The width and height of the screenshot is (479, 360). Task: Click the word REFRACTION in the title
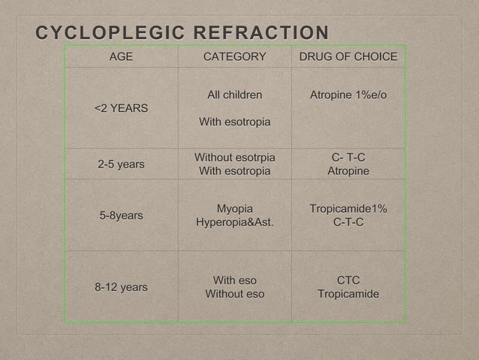pos(261,34)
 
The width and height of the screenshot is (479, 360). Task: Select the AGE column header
pos(121,57)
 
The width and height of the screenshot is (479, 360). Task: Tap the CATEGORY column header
pos(234,57)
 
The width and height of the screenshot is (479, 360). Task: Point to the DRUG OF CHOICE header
pos(348,57)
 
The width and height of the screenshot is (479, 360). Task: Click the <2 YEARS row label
pos(121,108)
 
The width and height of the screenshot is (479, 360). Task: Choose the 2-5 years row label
pos(121,164)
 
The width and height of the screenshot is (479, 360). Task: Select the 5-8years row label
pos(121,215)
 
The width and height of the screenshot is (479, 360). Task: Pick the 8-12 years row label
pos(121,287)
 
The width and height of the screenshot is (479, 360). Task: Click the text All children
pos(234,95)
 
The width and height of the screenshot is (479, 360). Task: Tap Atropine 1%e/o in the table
pos(348,95)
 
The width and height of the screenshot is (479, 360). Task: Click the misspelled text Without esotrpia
pos(234,157)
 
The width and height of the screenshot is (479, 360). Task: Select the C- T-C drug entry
pos(348,157)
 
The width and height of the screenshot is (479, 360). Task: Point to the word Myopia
pos(234,208)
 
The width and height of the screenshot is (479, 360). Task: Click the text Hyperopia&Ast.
pos(234,222)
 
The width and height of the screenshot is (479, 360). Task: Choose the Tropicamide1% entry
pos(348,208)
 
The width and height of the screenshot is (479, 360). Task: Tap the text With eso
pos(234,280)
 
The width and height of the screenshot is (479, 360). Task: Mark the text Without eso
pos(234,294)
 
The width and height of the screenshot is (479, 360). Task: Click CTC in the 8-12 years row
pos(348,280)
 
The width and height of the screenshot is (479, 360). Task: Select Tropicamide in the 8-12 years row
pos(348,294)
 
